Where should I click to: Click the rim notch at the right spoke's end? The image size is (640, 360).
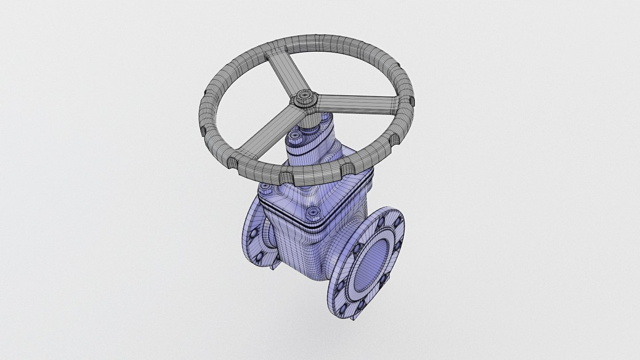411,100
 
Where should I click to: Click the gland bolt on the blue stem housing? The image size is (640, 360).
295,135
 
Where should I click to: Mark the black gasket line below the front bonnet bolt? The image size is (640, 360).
313,226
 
